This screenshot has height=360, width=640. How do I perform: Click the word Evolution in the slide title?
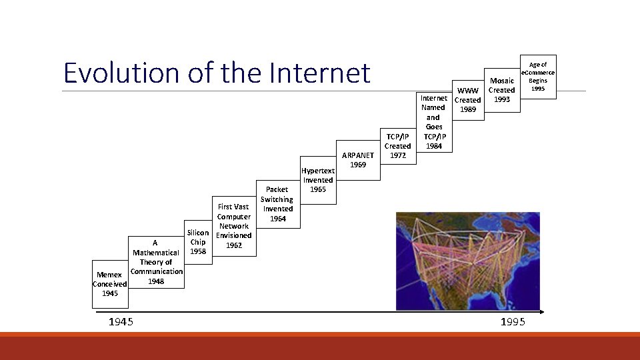click(x=121, y=73)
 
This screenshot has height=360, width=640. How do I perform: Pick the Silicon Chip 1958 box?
click(x=198, y=243)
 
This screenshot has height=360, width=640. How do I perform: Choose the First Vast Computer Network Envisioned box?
click(x=233, y=226)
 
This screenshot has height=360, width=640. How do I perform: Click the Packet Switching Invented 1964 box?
click(x=277, y=204)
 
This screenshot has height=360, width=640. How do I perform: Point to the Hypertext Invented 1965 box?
click(x=318, y=180)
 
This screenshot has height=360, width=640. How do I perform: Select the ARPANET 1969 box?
click(x=358, y=160)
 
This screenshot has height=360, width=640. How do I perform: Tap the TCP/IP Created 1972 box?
click(x=397, y=146)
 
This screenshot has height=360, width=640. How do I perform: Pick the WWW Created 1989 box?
click(x=467, y=100)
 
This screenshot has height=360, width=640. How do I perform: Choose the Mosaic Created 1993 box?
click(x=501, y=90)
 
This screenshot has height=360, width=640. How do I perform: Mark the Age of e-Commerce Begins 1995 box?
click(x=537, y=76)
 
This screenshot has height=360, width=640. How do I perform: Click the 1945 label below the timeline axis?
click(x=121, y=323)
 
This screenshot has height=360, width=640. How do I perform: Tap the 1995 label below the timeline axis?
click(x=513, y=323)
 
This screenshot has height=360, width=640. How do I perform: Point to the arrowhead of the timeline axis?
click(x=541, y=311)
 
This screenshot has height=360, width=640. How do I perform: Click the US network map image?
click(x=467, y=261)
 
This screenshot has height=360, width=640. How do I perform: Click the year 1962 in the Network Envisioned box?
click(x=233, y=245)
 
